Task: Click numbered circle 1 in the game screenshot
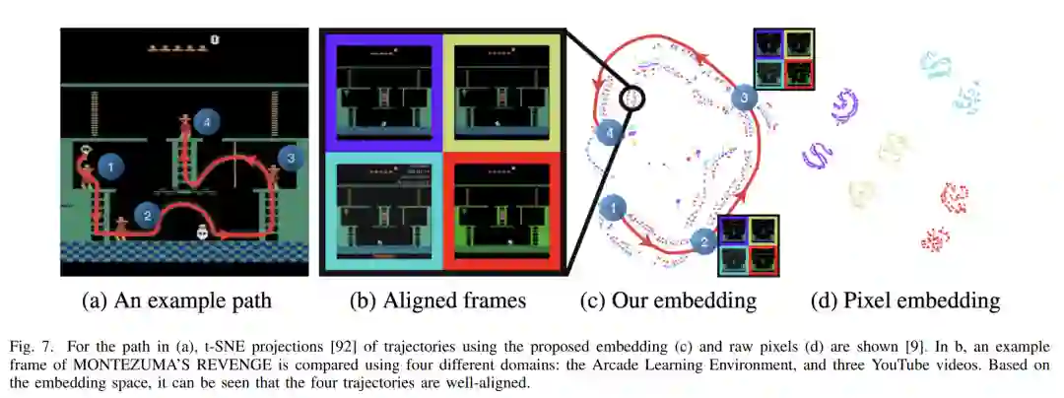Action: (x=111, y=167)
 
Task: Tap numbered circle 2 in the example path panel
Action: (x=147, y=215)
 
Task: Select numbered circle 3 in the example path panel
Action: (x=289, y=156)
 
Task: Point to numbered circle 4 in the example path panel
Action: (x=204, y=122)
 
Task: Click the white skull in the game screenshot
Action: (x=202, y=233)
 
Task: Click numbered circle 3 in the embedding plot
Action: (x=746, y=98)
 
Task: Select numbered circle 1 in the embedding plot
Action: (x=612, y=208)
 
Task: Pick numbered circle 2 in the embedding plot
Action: (x=702, y=239)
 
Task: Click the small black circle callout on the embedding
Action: (x=631, y=98)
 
